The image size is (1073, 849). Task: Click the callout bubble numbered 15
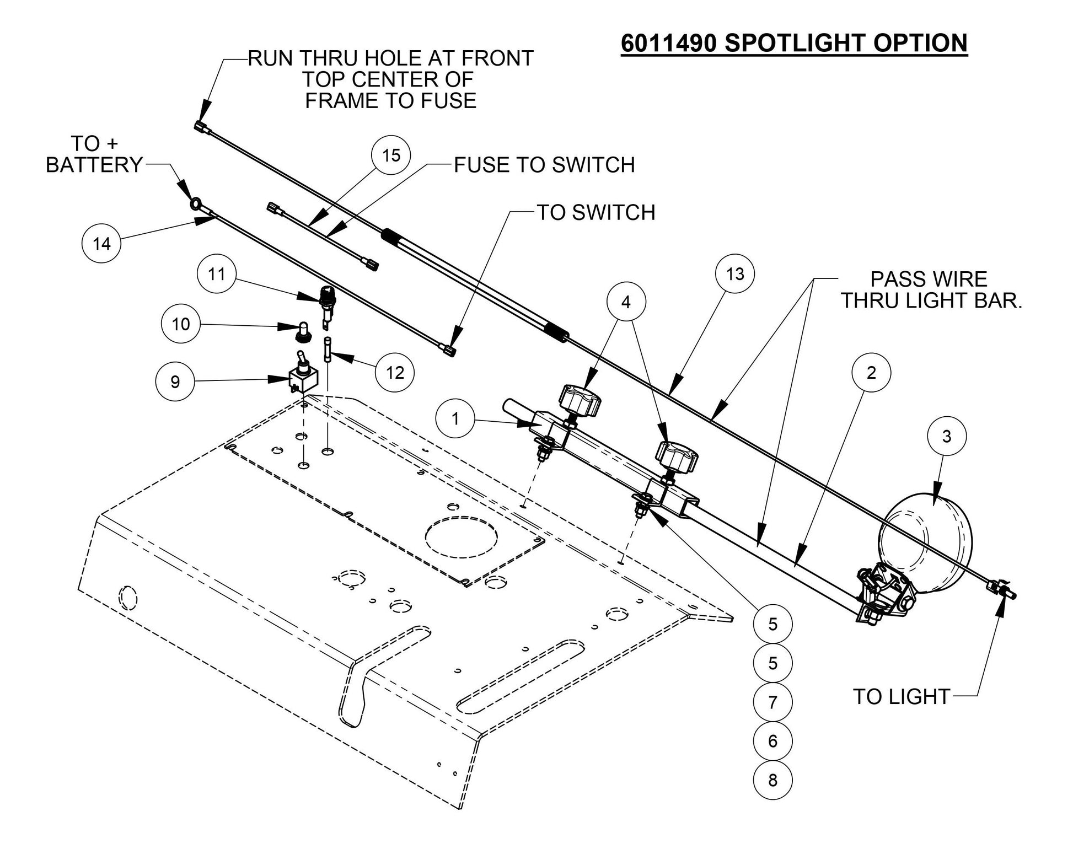(x=391, y=155)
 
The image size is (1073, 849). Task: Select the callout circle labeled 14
(x=101, y=244)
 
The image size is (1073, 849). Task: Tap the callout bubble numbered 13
(x=735, y=274)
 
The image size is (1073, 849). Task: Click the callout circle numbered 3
(x=947, y=437)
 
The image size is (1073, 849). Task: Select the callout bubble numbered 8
(x=772, y=780)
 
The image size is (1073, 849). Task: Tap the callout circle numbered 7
(x=772, y=702)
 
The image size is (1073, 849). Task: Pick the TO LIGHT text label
(x=902, y=697)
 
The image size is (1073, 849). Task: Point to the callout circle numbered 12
(x=395, y=373)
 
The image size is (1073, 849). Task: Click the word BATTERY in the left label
(x=94, y=165)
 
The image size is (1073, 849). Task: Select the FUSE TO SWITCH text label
(x=544, y=165)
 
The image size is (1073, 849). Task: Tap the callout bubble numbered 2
(x=871, y=373)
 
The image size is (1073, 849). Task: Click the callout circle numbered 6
(x=772, y=741)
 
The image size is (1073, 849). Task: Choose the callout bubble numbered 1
(x=455, y=418)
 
